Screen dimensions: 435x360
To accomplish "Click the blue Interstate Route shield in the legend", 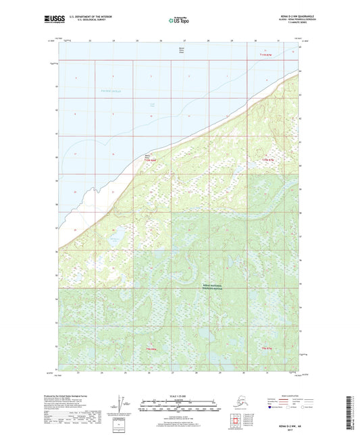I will [x=270, y=407].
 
